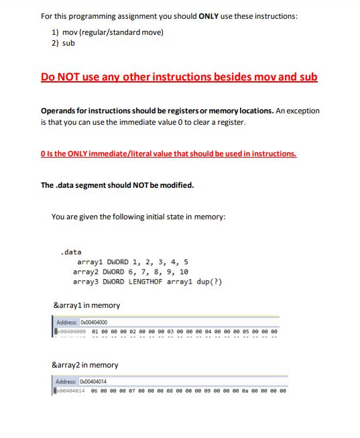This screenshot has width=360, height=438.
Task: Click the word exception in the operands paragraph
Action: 302,111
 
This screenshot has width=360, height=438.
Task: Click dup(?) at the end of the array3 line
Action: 208,282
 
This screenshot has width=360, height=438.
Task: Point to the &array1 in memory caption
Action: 86,306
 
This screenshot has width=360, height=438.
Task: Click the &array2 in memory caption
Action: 85,365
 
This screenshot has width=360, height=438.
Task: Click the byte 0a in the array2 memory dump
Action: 245,390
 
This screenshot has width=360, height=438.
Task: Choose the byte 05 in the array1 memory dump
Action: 245,331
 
